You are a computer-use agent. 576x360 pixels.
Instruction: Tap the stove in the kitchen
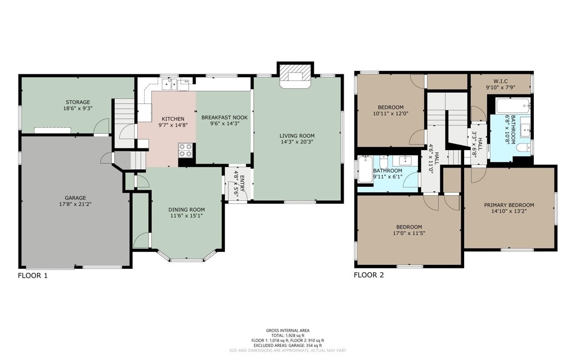point(186,150)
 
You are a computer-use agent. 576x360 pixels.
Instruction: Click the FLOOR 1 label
point(33,275)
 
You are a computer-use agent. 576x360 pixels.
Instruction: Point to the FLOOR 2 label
point(369,274)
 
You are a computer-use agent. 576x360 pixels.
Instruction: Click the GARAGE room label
point(75,197)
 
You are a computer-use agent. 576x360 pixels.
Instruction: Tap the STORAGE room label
point(78,102)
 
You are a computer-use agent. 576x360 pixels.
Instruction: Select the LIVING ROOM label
point(297,136)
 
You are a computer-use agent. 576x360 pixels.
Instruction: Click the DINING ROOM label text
point(187,210)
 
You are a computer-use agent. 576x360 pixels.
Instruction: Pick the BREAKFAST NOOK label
point(224,118)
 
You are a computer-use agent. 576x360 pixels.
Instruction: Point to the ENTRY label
point(242,184)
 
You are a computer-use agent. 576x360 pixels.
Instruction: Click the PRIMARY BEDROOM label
point(509,205)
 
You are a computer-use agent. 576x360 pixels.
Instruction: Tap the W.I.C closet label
point(500,81)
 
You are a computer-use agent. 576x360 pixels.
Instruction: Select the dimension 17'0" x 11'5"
point(409,233)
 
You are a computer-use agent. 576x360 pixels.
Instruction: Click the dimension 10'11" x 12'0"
point(390,114)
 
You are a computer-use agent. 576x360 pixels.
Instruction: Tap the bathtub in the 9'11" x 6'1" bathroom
point(365,169)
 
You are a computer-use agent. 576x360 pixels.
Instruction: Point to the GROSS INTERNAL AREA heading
point(287,331)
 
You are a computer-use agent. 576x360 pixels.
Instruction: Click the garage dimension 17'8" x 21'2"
point(75,204)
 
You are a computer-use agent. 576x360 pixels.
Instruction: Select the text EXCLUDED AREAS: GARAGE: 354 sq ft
point(287,345)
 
